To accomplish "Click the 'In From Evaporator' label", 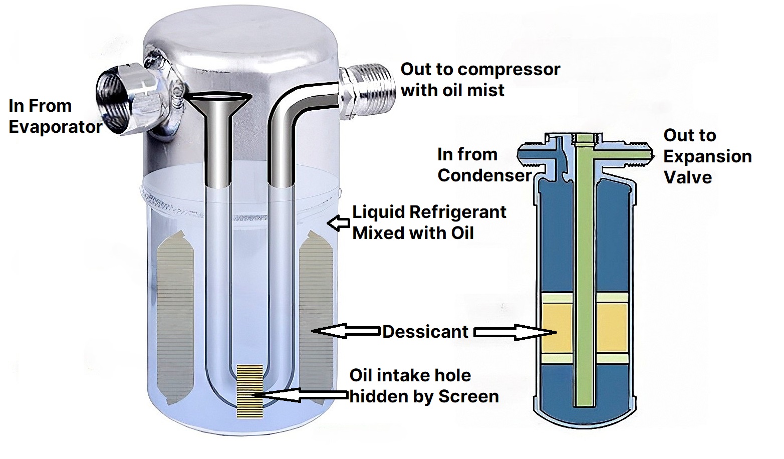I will (55, 116).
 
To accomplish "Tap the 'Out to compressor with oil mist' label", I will (480, 80).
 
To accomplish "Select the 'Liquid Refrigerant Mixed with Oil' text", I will (429, 222).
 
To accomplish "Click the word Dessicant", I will (425, 332).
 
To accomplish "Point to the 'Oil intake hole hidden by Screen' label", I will (424, 386).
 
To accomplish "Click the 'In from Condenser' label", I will (483, 164).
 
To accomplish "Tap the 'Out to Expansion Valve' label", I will (707, 156).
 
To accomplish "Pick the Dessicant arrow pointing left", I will (346, 331).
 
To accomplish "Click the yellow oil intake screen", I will (249, 391).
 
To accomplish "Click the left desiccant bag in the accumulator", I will (175, 318).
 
